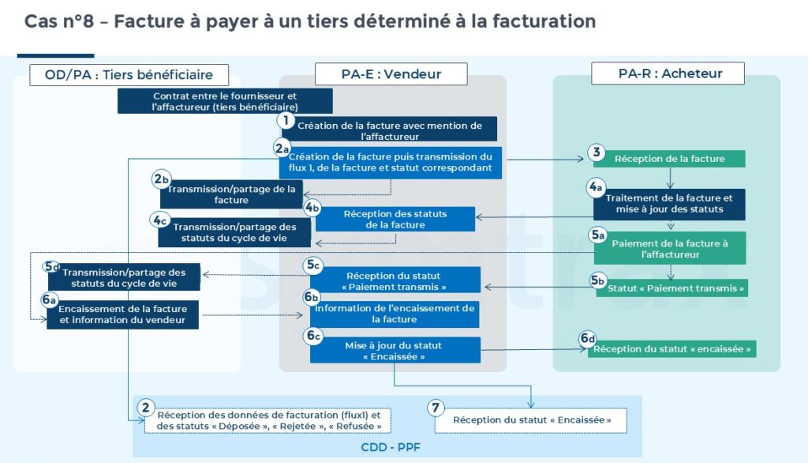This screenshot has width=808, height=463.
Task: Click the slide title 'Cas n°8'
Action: (62, 21)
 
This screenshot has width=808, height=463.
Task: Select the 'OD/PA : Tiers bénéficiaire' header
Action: (130, 75)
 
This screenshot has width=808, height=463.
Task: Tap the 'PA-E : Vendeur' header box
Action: (391, 74)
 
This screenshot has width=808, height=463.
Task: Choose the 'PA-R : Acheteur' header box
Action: (670, 73)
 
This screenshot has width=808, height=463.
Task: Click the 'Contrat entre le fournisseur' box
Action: (225, 101)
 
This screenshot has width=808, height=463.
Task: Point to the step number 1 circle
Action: (285, 121)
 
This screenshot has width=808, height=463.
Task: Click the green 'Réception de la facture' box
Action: (669, 159)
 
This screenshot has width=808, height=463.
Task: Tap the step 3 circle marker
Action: (596, 152)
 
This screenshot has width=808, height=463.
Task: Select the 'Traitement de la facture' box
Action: (669, 204)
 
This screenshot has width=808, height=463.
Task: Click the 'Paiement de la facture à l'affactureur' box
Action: (669, 249)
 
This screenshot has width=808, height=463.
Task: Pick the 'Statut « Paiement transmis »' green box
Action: (675, 288)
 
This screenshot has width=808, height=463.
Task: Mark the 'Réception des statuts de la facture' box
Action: (395, 220)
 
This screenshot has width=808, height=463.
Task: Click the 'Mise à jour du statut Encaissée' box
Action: (395, 351)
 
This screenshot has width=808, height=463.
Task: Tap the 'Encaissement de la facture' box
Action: (123, 314)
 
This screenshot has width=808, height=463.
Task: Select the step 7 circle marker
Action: (435, 408)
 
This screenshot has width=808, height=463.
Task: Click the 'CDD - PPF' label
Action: (387, 446)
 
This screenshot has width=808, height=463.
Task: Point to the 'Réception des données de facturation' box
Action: (268, 420)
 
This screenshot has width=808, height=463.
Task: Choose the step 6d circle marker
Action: (588, 339)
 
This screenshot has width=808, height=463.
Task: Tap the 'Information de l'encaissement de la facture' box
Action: (395, 314)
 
